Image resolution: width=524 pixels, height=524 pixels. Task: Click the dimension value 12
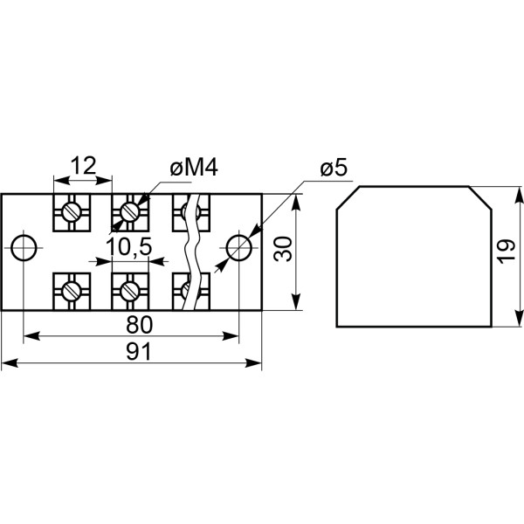pos(83,165)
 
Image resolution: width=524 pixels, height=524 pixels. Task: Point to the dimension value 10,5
pos(129,248)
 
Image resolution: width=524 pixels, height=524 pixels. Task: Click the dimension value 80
pos(139,324)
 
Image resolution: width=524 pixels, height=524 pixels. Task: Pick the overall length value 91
pos(139,352)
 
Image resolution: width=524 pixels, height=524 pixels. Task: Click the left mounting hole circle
pos(24,248)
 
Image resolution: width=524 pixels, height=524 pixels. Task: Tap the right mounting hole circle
pos(238,248)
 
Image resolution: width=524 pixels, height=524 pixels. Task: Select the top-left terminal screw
pos(72,211)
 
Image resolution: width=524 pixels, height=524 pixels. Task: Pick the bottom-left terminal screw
pos(72,287)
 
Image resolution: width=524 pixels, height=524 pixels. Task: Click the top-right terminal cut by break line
pos(189,211)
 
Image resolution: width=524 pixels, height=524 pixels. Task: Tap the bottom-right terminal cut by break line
pos(188,286)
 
